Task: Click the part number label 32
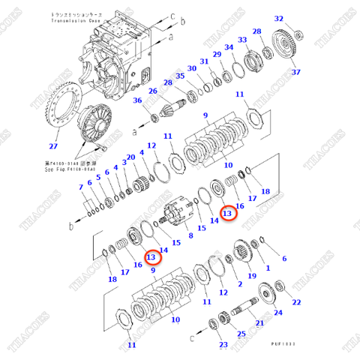point(278,19)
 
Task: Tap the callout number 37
point(295,72)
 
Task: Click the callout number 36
point(137,101)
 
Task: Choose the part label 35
point(180,76)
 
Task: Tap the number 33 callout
point(242,40)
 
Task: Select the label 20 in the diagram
point(130,157)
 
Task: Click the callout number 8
point(190,235)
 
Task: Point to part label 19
point(251,276)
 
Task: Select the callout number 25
point(240,334)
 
